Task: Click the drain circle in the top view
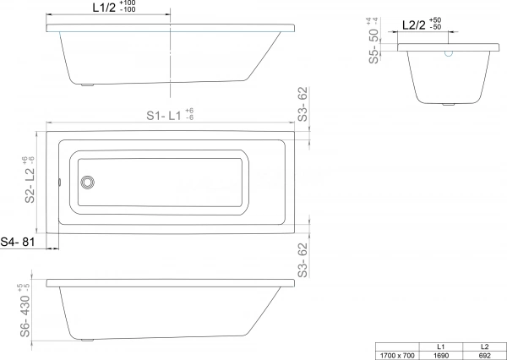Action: [87, 183]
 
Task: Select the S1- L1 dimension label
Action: [164, 116]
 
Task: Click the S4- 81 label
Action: [18, 242]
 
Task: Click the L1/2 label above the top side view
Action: [104, 8]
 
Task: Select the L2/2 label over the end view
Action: [414, 25]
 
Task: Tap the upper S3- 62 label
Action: [303, 105]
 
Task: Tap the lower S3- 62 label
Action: [303, 260]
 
